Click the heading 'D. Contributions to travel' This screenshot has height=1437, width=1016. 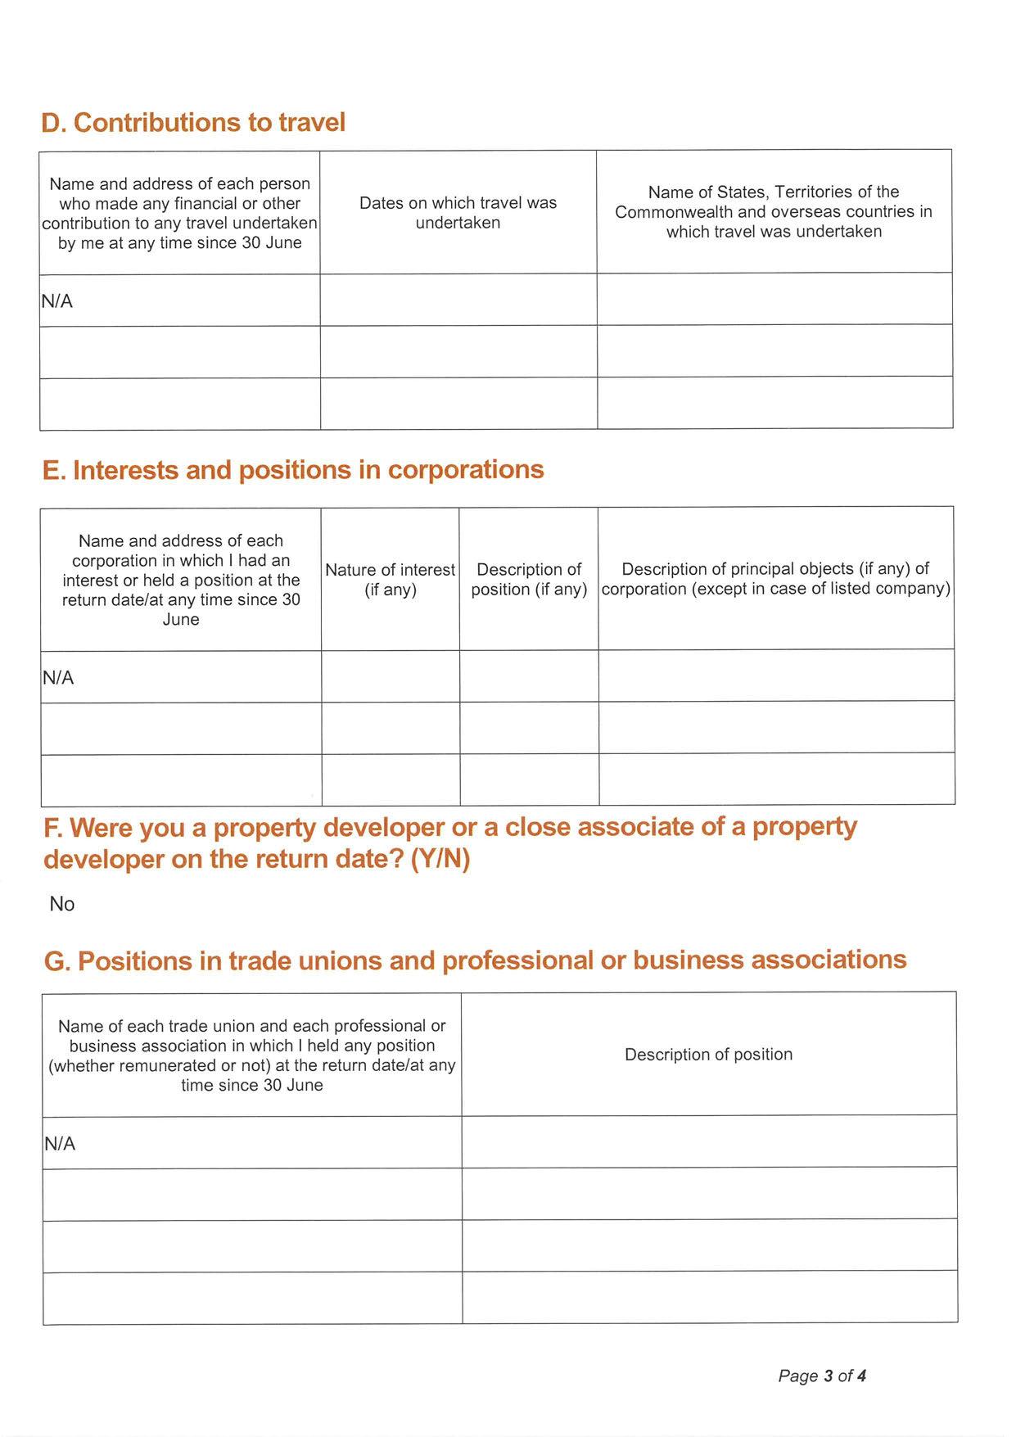point(193,123)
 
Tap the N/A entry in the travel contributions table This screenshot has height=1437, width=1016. point(57,301)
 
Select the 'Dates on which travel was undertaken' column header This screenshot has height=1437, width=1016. point(458,213)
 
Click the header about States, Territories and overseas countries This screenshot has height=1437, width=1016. point(774,211)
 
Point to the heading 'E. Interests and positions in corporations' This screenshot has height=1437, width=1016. point(293,470)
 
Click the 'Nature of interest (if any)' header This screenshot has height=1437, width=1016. point(390,580)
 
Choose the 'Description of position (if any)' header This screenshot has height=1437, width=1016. point(529,580)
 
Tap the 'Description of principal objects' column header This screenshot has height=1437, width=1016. point(775,579)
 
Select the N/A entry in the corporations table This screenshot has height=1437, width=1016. point(58,678)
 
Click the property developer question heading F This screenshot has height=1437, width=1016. point(449,843)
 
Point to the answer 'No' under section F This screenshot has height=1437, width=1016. point(62,904)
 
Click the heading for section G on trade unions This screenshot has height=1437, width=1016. point(475,960)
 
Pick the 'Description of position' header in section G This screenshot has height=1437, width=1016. point(708,1055)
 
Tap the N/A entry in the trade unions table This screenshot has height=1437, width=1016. point(60,1144)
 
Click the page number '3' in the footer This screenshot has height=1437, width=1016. point(828,1376)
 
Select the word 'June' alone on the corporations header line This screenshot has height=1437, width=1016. point(181,620)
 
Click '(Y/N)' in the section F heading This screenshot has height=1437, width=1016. point(440,860)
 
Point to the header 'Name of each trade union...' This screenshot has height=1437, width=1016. point(252,1055)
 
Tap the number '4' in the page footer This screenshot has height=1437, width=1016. point(861,1376)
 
